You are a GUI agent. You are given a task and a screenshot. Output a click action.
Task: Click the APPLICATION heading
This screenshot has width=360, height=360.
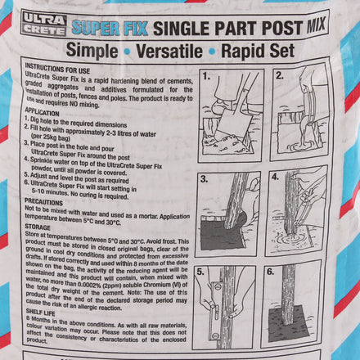(45, 109)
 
